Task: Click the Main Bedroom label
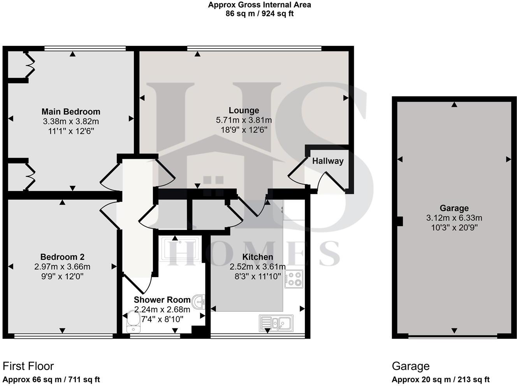tap(71, 112)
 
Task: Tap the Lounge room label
tap(244, 111)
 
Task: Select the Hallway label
tap(328, 161)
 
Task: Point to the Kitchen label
tap(258, 257)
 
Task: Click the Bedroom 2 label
tap(62, 257)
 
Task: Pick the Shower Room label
tap(162, 300)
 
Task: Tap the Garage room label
tap(454, 208)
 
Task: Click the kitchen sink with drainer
tap(276, 323)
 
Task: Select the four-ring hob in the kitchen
tap(294, 279)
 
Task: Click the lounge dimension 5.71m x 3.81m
tap(244, 120)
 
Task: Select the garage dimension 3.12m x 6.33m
tap(454, 218)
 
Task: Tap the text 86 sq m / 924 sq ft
tap(259, 14)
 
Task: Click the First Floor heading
tap(28, 366)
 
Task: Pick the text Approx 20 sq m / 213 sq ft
tap(440, 380)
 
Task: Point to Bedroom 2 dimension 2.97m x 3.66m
tap(62, 267)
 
